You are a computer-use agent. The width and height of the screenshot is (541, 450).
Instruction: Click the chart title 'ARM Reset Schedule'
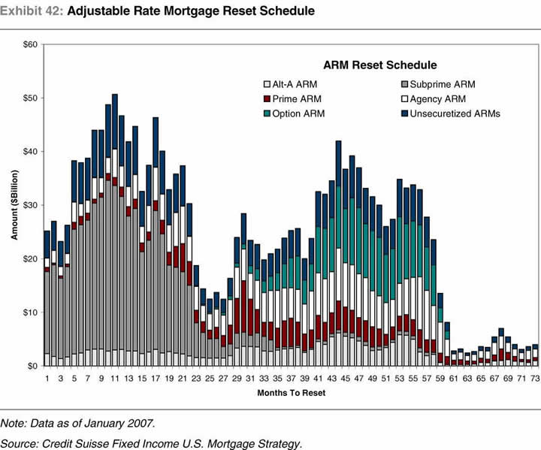(379, 65)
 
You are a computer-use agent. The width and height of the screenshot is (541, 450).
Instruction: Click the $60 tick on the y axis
(31, 45)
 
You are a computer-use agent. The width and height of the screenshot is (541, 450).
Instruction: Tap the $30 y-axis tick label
(31, 205)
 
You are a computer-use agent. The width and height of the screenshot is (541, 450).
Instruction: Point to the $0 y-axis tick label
(33, 366)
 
